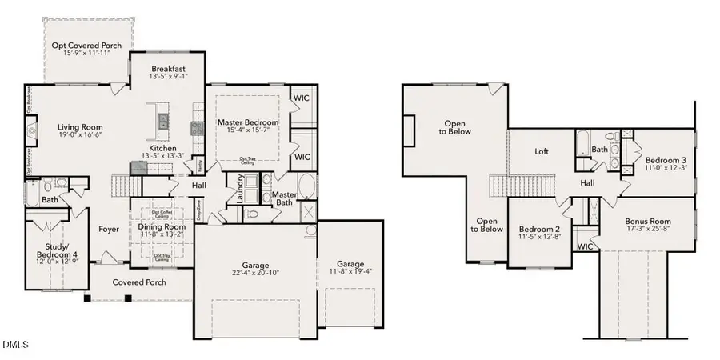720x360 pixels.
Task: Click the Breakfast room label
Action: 169,70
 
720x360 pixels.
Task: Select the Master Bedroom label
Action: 247,122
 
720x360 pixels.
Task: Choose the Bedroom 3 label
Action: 666,160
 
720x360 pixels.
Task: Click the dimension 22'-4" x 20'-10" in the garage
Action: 256,274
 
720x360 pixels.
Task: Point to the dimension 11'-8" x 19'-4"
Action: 350,274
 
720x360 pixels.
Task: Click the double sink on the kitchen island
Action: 164,121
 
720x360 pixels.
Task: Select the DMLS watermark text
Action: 15,345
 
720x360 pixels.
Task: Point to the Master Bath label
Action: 284,199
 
